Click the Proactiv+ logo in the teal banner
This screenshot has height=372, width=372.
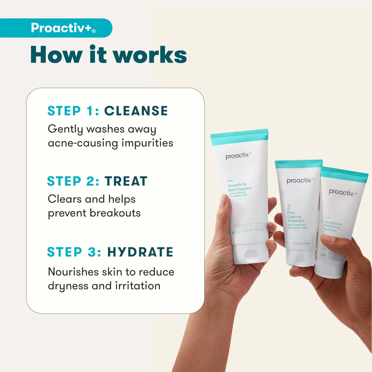click(63, 28)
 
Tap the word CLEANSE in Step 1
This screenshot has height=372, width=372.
click(136, 111)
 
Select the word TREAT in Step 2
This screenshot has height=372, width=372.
click(126, 181)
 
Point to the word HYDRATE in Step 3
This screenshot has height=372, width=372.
click(140, 252)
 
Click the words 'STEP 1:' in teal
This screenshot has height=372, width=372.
click(73, 111)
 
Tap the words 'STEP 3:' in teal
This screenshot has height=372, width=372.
click(74, 252)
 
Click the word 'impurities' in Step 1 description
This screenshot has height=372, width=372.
click(147, 143)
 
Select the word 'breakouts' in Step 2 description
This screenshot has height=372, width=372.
click(115, 213)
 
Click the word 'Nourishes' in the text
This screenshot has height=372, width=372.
click(73, 272)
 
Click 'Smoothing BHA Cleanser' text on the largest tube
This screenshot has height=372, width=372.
click(239, 187)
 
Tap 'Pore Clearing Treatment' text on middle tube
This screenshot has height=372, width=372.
click(296, 217)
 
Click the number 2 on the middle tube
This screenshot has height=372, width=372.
click(289, 207)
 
